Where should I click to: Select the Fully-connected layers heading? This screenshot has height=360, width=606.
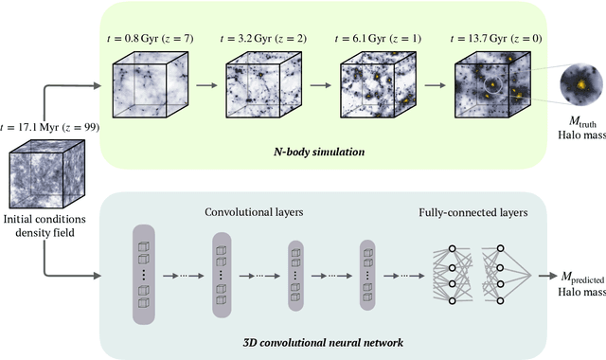473,213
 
